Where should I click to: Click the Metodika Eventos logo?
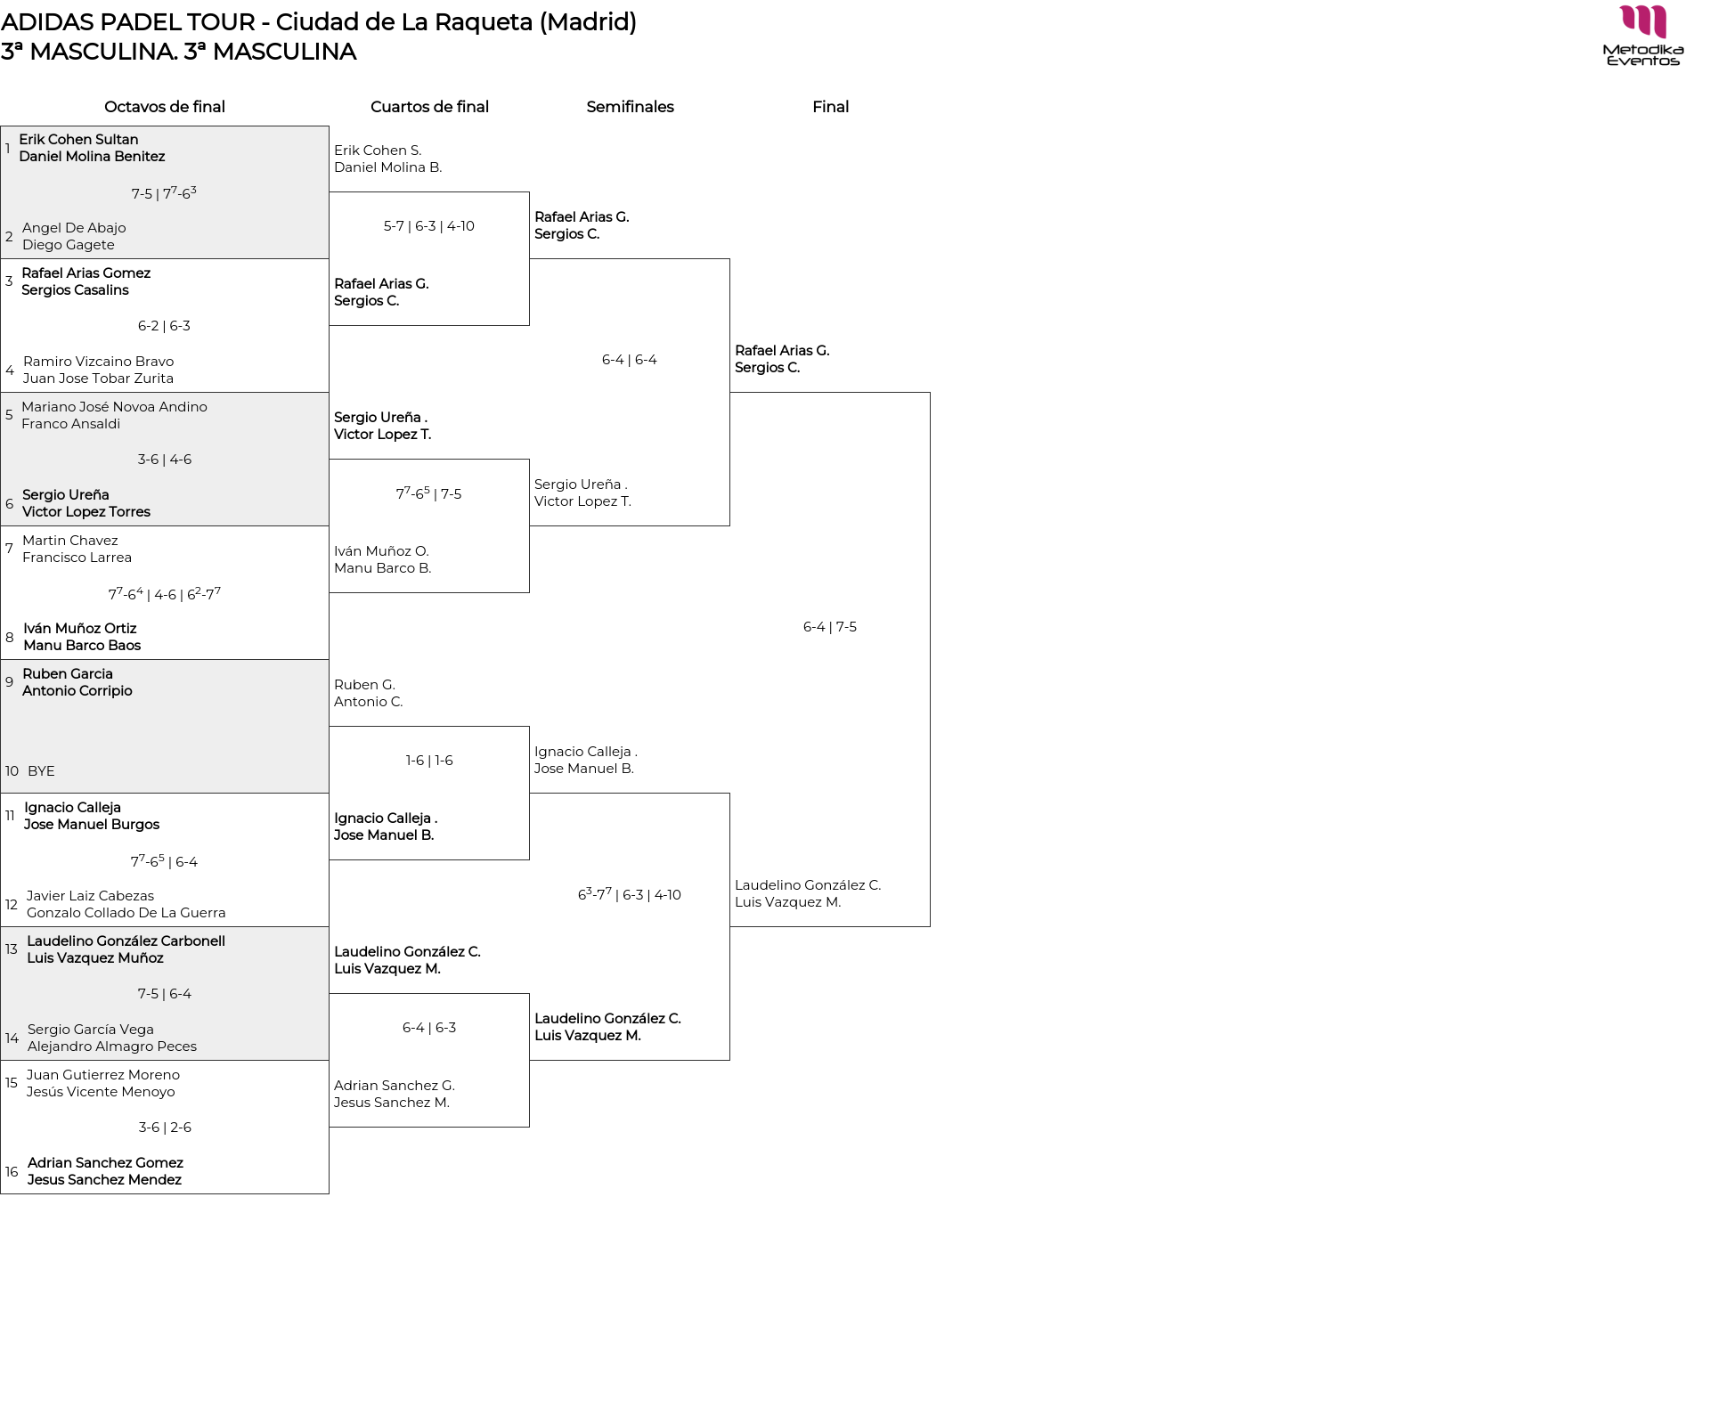[x=1642, y=36]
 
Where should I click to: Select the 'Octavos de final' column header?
[x=165, y=107]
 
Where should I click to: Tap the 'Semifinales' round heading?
[x=630, y=107]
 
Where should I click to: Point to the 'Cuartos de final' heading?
[x=429, y=107]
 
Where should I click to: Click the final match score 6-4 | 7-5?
[x=830, y=627]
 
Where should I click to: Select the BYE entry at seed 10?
[x=41, y=771]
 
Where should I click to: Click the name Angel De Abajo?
[x=74, y=228]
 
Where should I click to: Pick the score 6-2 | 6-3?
[x=164, y=326]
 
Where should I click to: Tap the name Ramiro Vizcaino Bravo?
[x=98, y=362]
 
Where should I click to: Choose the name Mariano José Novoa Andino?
[x=114, y=407]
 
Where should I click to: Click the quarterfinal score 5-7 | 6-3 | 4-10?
[x=429, y=226]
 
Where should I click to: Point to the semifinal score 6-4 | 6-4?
[x=630, y=360]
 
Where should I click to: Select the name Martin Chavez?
[x=69, y=541]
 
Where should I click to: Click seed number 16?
[x=12, y=1172]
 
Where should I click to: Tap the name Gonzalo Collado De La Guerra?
[x=126, y=913]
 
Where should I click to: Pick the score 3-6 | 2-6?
[x=165, y=1128]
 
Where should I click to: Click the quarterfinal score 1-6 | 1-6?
[x=429, y=761]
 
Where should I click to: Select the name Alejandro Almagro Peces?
[x=112, y=1046]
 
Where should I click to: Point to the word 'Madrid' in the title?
[x=588, y=22]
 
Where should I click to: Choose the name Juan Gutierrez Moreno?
[x=103, y=1075]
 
